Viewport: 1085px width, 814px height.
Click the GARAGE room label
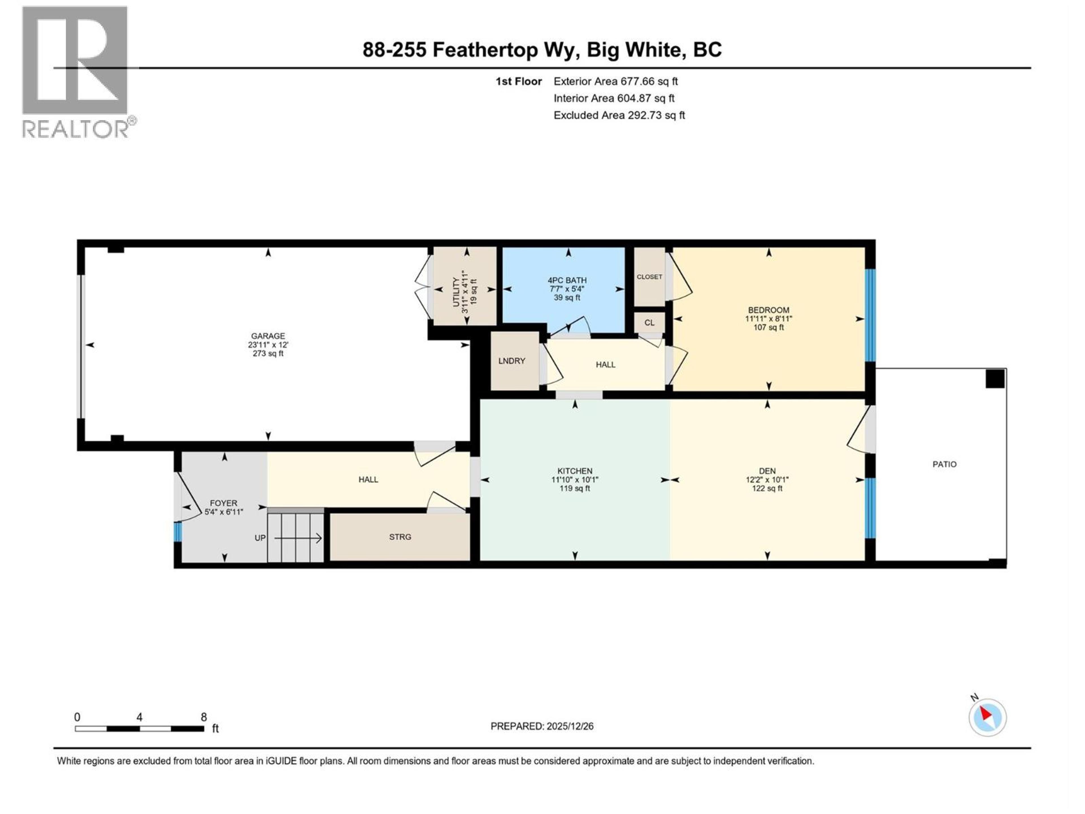point(268,336)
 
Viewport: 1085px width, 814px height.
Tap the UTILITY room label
point(456,293)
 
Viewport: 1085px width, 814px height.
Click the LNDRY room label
point(512,361)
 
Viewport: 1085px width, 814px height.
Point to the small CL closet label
point(649,323)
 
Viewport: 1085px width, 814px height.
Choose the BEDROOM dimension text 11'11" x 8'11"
point(769,319)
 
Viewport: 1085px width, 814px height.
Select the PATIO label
point(944,464)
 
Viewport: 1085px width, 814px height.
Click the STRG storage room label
point(400,537)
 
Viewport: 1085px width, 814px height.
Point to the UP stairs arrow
point(297,538)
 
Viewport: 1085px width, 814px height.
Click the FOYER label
point(223,503)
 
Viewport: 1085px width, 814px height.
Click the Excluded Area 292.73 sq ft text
point(619,115)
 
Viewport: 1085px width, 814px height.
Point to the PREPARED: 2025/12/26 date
point(542,726)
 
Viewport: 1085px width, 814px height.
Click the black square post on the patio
point(995,379)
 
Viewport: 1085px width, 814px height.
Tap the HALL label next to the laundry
point(605,365)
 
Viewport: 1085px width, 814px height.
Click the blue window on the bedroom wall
point(870,315)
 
